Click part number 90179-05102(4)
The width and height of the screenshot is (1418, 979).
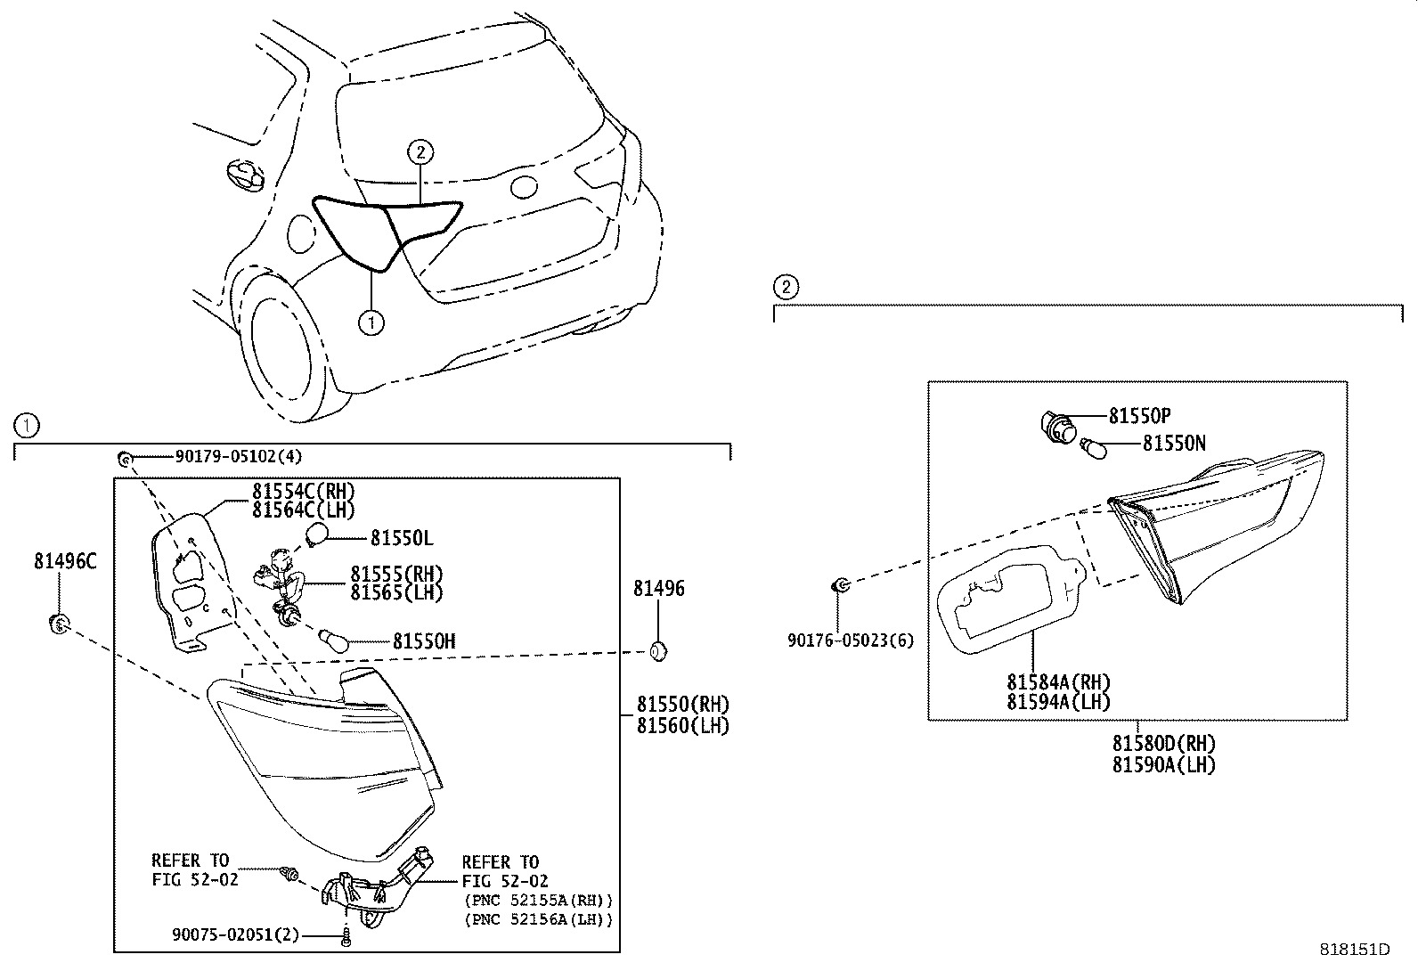(x=238, y=456)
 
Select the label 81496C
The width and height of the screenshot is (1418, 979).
(x=65, y=561)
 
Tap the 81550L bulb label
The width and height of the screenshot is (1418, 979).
(x=402, y=538)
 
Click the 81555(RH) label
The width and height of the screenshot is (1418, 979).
(x=395, y=575)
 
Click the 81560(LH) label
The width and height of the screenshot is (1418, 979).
(x=682, y=726)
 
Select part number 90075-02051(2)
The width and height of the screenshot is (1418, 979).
(x=234, y=934)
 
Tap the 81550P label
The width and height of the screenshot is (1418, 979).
(x=1139, y=416)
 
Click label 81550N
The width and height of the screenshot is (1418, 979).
(x=1174, y=443)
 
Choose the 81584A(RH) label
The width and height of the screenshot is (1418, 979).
(x=1058, y=682)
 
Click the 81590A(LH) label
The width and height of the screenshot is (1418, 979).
(x=1163, y=764)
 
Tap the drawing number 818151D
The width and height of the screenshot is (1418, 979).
(x=1355, y=950)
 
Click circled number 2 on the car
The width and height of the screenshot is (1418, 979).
(x=420, y=152)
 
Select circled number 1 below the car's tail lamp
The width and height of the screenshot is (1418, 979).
(x=371, y=322)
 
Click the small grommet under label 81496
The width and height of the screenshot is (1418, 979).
(x=657, y=651)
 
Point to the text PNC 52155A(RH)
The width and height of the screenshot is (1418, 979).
(x=537, y=900)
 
